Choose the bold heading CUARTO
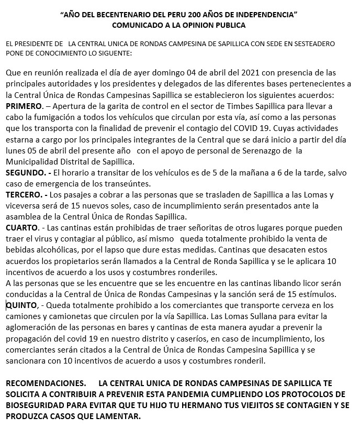point(21,228)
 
